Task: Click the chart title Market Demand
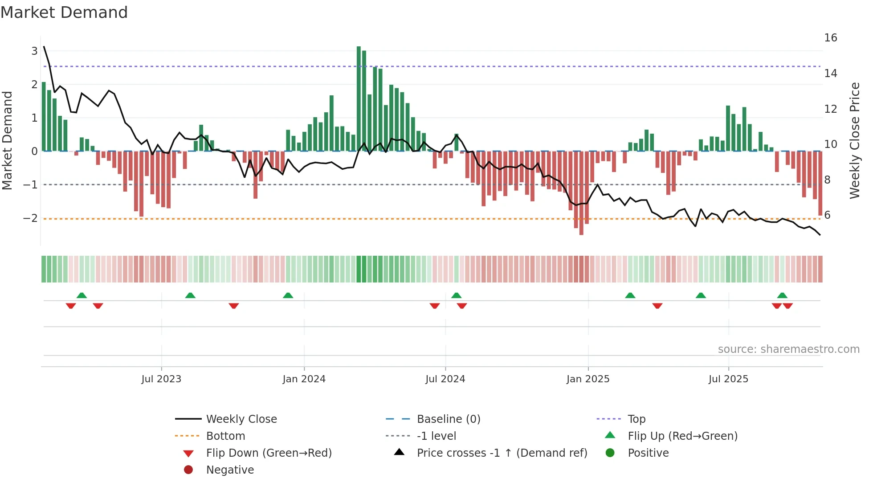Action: pyautogui.click(x=64, y=12)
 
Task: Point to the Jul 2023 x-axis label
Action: pyautogui.click(x=161, y=379)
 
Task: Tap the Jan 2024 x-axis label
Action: pyautogui.click(x=304, y=379)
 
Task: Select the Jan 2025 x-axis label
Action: pyautogui.click(x=588, y=379)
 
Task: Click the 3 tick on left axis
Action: pyautogui.click(x=34, y=51)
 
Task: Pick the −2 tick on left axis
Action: pyautogui.click(x=30, y=218)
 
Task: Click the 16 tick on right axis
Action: pyautogui.click(x=830, y=38)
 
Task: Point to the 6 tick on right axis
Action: pyautogui.click(x=827, y=215)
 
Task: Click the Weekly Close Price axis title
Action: pyautogui.click(x=854, y=140)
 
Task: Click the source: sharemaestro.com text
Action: pyautogui.click(x=788, y=349)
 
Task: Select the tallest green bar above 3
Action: pyautogui.click(x=359, y=98)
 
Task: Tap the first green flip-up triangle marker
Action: pyautogui.click(x=82, y=295)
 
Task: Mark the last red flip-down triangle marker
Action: pyautogui.click(x=787, y=306)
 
